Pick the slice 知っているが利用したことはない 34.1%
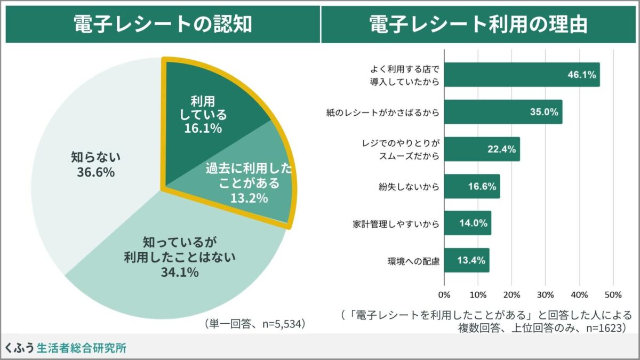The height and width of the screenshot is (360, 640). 176,256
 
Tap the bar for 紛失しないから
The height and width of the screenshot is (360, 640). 471,186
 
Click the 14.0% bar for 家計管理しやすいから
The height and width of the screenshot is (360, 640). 467,223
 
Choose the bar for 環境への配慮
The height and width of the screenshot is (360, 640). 466,260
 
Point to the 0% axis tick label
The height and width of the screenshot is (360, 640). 444,294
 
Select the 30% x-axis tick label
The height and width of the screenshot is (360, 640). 545,294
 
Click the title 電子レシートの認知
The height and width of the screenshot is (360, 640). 162,24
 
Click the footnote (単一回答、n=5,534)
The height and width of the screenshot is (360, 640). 254,324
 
